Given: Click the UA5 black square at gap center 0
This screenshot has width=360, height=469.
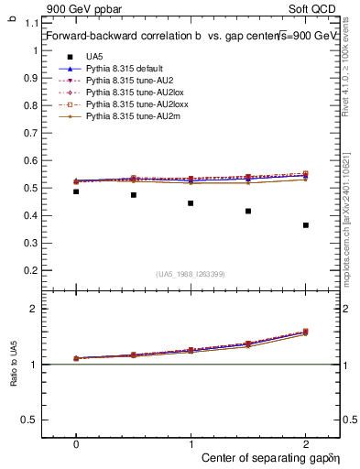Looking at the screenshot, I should point(76,191).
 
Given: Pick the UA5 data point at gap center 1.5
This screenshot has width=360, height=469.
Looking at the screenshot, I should point(248,212).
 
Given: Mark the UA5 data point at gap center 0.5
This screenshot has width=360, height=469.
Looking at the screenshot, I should point(134,195).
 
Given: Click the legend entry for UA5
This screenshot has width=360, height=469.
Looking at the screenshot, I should point(94,57).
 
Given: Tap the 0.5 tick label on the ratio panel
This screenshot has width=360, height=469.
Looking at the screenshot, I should point(34,420).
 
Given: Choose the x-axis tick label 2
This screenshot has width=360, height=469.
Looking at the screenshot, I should point(306,442).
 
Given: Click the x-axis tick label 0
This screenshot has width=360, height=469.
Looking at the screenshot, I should point(76,442).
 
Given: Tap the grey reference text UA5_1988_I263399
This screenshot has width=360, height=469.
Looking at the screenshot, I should point(191,275).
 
